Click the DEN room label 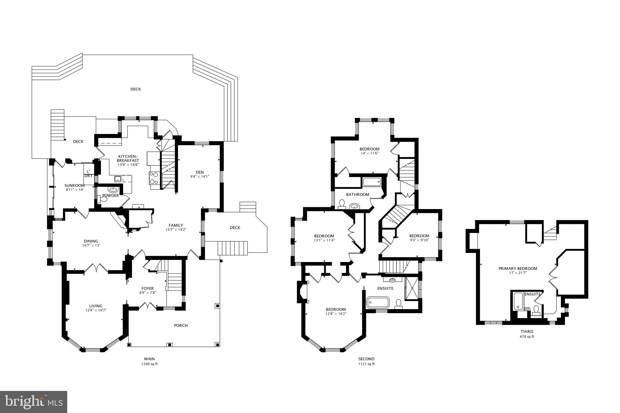point(200,172)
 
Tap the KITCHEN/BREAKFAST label point(128,158)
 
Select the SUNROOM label point(74,185)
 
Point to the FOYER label point(148,288)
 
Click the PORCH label point(181,326)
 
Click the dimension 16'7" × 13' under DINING point(91,245)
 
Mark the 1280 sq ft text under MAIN point(149,364)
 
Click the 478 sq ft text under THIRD point(527,336)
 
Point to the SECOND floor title point(366,359)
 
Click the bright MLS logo point(33,402)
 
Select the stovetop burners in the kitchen point(154,178)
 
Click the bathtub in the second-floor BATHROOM point(371,182)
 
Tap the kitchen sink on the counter point(118,179)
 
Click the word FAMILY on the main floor point(176,225)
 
